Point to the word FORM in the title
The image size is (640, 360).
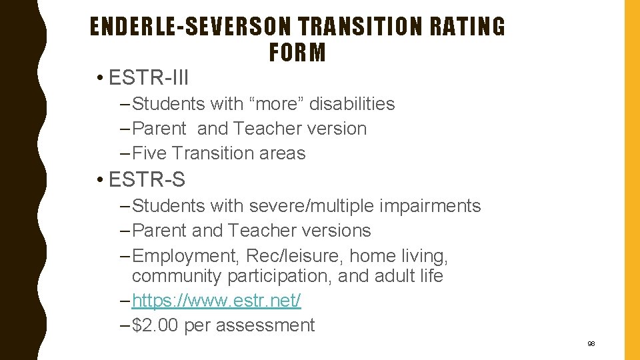pos(297,52)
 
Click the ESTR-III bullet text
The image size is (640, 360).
pos(149,78)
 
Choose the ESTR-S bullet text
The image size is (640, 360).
pos(147,179)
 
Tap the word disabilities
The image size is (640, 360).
pos(352,104)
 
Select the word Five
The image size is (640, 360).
pos(150,153)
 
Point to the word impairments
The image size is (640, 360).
pos(430,206)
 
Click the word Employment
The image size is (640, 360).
pos(187,256)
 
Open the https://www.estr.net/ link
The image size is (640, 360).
pos(217,301)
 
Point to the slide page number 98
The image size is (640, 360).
pos(591,344)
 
